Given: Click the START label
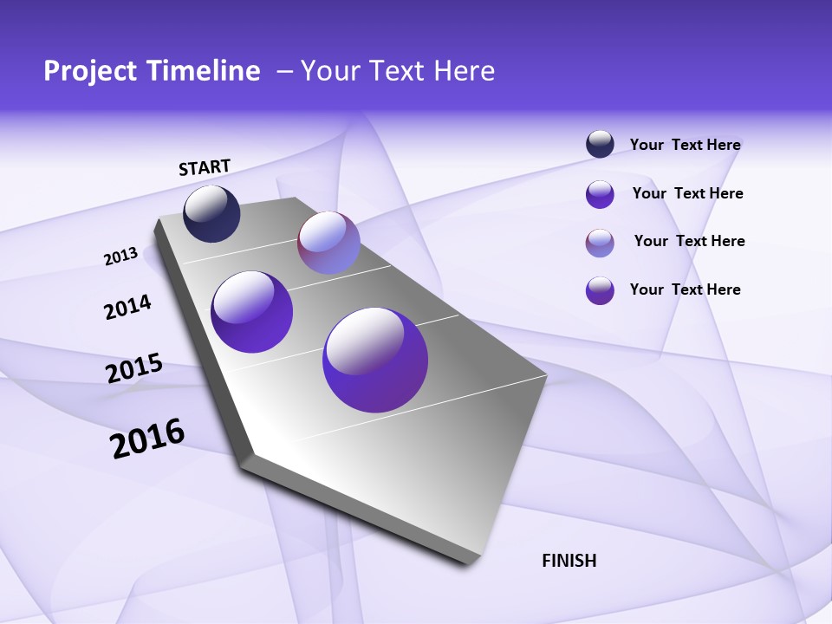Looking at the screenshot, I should (205, 167).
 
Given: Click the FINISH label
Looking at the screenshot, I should (569, 561).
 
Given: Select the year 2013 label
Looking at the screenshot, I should (121, 257).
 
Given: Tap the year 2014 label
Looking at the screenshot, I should (127, 307).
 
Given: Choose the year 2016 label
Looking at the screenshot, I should (147, 438).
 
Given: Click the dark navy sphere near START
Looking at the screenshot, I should (211, 214).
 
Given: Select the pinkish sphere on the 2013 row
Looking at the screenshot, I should (328, 243).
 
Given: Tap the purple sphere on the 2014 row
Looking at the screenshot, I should (252, 311).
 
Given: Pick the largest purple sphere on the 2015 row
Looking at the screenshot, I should (375, 360).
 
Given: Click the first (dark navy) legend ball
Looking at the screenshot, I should (600, 145).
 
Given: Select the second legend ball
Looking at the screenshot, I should (600, 194).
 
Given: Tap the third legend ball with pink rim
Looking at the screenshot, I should (600, 243).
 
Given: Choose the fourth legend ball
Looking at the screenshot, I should (600, 290).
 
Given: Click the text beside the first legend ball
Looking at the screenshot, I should (685, 146).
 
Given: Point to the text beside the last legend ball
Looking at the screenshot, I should (685, 289).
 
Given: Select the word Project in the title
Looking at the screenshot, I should (85, 71).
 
